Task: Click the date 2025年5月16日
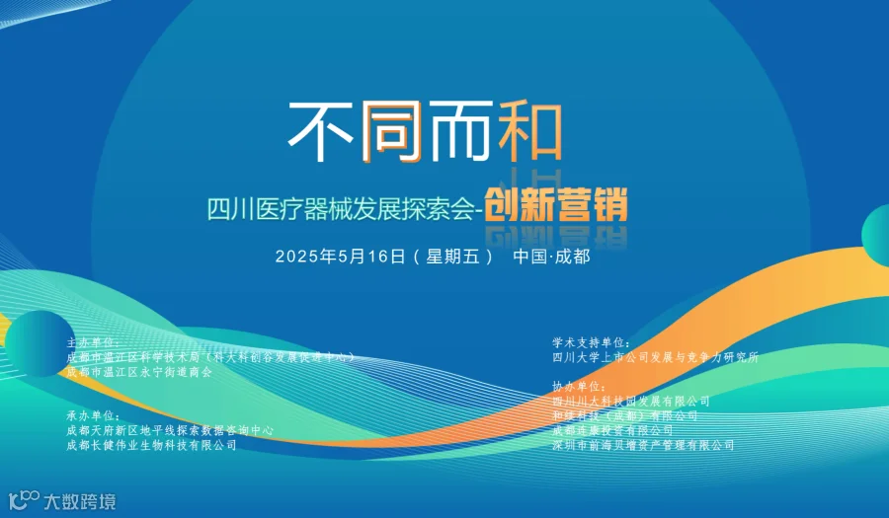click(341, 257)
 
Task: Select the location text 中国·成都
click(552, 257)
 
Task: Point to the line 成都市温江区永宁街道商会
click(139, 372)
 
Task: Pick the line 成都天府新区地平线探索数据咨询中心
click(170, 431)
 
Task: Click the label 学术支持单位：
click(592, 342)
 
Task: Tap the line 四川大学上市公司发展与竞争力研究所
click(656, 357)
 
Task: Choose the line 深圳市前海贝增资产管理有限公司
click(643, 446)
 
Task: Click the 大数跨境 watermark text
click(79, 501)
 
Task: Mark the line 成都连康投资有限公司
click(612, 431)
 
